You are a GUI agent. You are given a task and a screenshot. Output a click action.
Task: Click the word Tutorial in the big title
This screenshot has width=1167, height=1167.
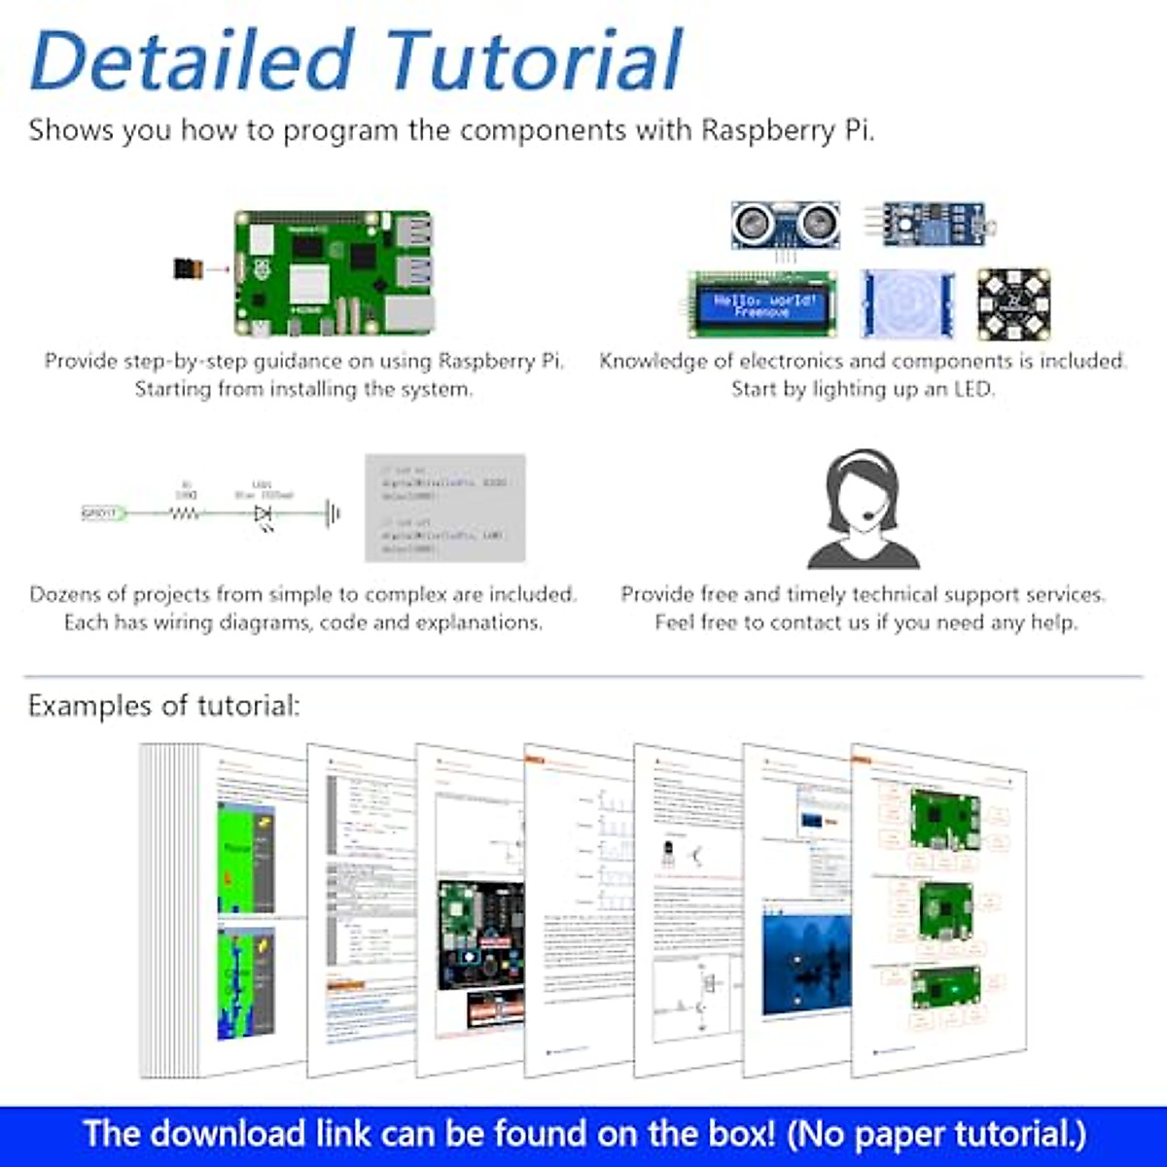(x=534, y=60)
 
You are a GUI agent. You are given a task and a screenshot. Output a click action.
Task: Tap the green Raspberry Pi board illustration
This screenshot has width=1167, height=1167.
(x=334, y=271)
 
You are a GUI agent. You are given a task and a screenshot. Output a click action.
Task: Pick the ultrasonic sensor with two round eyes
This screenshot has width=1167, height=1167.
(x=785, y=226)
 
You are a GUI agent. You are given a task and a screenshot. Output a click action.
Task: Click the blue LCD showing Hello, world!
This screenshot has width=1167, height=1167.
(x=762, y=304)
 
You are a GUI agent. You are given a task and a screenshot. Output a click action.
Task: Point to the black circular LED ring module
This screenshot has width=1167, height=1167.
(x=1013, y=303)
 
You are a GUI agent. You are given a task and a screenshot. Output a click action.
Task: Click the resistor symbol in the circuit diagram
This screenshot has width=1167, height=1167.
(x=186, y=513)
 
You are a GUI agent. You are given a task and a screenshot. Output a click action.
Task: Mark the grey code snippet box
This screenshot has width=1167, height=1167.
(x=444, y=508)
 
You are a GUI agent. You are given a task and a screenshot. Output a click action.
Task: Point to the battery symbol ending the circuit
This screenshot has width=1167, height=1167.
(x=334, y=513)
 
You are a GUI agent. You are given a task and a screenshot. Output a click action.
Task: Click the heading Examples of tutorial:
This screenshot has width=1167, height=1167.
(x=163, y=705)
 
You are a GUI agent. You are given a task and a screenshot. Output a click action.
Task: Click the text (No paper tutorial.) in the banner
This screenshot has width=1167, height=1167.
(x=936, y=1134)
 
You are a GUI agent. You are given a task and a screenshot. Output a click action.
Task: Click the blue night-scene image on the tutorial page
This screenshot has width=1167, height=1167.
(x=806, y=962)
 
